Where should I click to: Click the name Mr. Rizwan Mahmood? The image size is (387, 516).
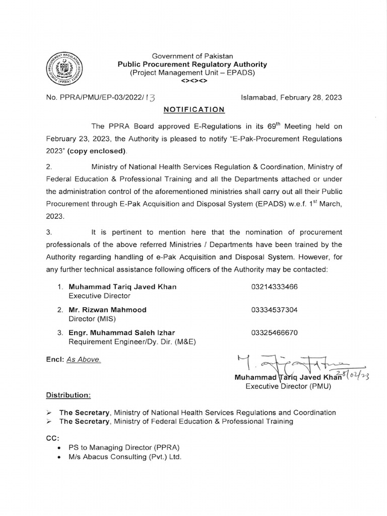point(107,310)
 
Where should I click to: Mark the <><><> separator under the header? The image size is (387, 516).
point(192,81)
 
